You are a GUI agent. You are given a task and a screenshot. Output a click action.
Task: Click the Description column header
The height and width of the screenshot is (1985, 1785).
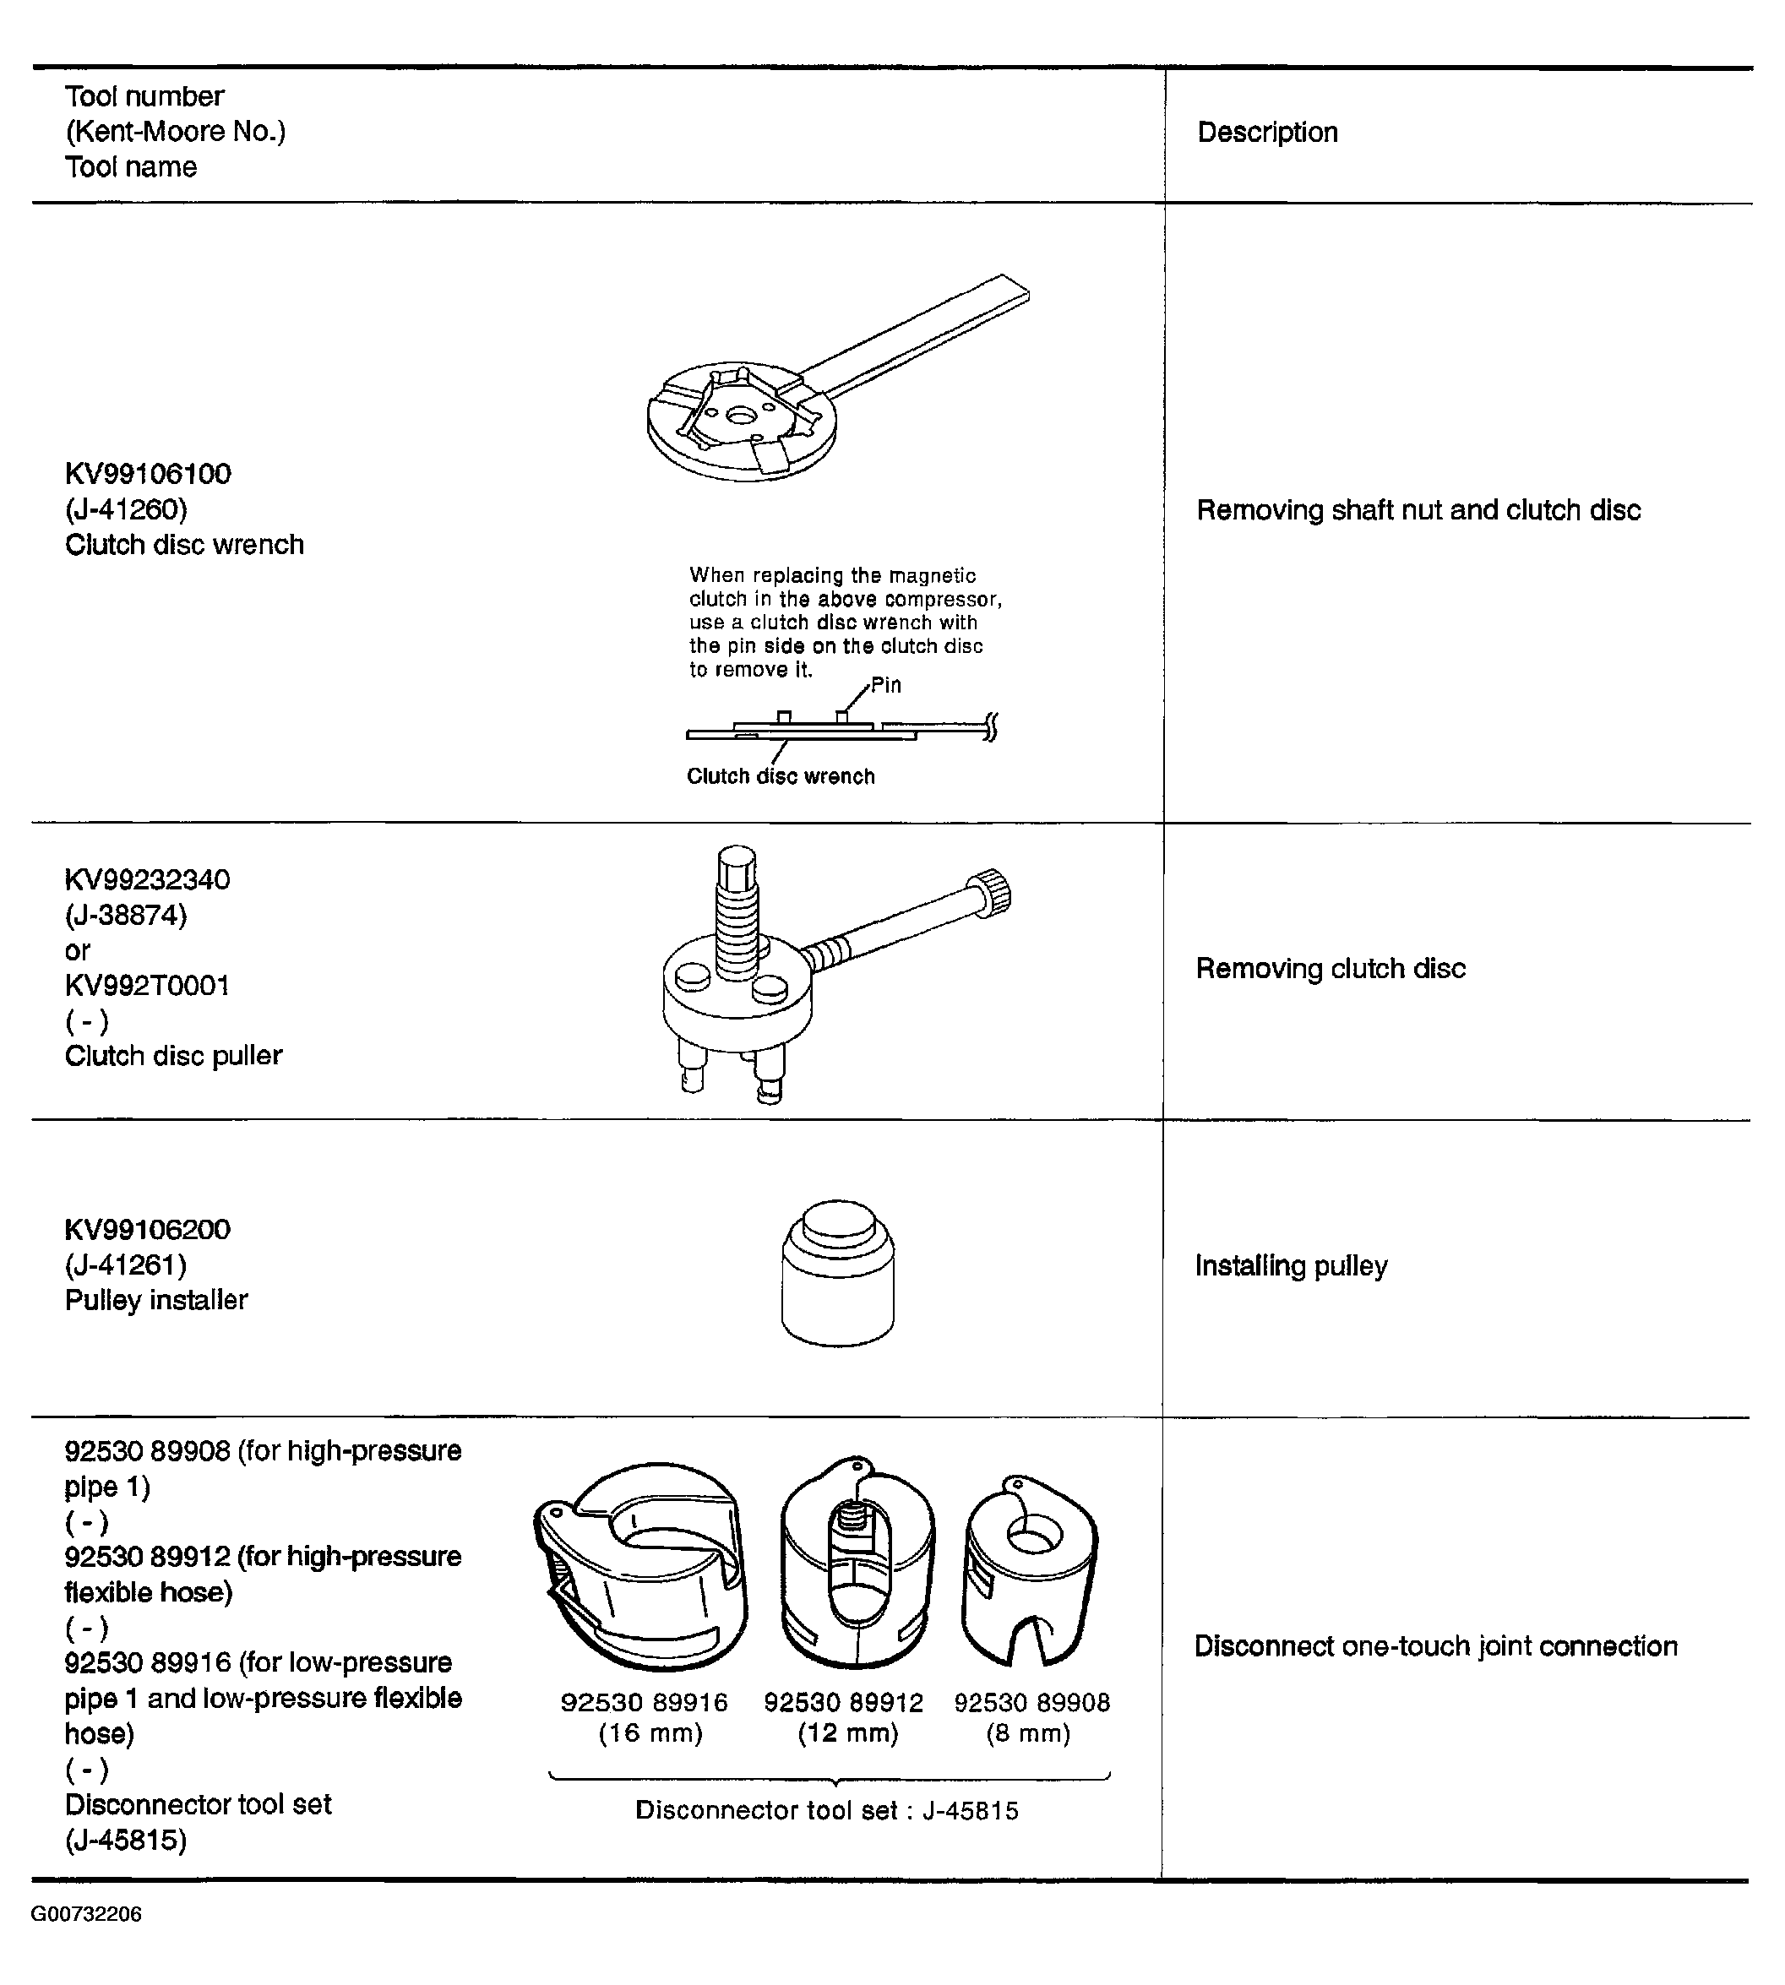1267,133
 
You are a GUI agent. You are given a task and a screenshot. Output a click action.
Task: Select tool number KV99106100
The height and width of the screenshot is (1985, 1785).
148,474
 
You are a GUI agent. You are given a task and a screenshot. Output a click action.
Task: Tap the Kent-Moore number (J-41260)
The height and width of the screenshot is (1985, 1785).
126,509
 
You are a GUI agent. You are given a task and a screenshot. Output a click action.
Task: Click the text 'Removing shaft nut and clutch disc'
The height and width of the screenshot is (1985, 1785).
1418,510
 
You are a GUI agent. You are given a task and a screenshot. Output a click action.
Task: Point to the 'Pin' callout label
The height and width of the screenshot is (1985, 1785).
885,684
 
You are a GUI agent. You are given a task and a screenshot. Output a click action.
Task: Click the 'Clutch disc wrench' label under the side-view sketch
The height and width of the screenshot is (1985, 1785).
781,775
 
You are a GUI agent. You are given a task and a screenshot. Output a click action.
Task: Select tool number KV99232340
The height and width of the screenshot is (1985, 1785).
148,879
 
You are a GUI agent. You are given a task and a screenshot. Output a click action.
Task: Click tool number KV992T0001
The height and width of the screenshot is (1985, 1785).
147,986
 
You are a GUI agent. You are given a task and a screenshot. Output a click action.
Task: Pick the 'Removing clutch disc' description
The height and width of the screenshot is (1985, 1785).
1331,969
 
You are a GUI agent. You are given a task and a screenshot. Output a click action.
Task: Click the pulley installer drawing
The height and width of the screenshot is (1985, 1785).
837,1272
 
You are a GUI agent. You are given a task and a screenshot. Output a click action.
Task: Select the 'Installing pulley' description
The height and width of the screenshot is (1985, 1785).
1292,1266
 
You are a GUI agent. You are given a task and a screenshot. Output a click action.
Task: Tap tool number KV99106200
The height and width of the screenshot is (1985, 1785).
148,1230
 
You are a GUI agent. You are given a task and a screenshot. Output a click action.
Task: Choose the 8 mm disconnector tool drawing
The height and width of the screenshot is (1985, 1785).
1031,1570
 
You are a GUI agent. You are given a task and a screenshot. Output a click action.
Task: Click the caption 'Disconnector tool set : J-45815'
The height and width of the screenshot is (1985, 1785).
827,1810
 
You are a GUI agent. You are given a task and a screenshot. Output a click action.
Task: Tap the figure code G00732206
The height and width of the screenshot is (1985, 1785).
86,1913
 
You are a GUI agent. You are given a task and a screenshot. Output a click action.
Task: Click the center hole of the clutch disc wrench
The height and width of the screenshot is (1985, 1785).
742,416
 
